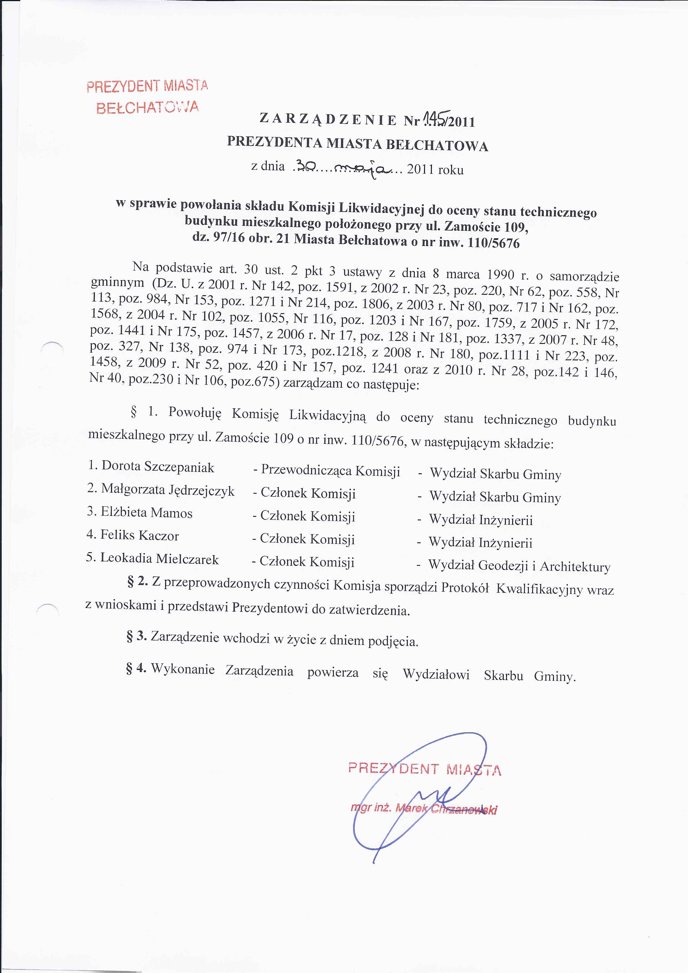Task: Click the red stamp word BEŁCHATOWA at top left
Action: [x=147, y=107]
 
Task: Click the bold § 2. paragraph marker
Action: [x=137, y=582]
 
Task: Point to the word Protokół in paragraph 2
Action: [x=465, y=588]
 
